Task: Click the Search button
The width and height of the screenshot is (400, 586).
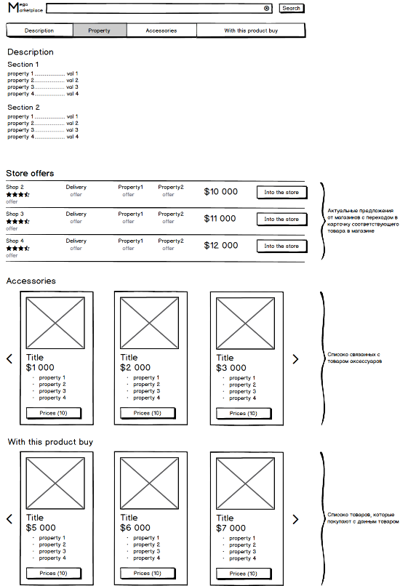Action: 292,8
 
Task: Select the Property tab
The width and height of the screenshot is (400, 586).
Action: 100,31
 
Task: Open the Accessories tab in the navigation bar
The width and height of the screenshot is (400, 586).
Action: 161,31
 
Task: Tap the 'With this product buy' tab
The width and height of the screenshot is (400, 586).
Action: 251,31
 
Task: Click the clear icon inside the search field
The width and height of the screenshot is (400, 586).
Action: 266,8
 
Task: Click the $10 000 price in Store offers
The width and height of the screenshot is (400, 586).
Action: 220,192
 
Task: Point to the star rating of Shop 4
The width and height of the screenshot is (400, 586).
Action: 18,248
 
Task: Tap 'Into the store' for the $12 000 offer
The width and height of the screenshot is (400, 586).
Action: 282,246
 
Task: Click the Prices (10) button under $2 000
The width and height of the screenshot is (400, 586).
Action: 148,413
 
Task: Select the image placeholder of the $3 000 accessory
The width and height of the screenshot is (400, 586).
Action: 245,324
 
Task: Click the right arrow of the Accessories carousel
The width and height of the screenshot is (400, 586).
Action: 295,359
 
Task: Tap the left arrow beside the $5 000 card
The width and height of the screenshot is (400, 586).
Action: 9,518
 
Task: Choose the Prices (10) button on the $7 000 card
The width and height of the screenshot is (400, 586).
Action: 244,574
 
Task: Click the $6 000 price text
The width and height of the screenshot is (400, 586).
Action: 135,528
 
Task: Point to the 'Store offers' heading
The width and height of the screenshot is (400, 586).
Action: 30,174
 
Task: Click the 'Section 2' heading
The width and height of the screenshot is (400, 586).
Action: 23,108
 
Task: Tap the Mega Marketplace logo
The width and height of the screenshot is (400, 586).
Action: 25,8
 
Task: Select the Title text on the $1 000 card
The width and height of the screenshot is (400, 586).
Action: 35,357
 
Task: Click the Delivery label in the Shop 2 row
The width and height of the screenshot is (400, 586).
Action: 76,187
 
